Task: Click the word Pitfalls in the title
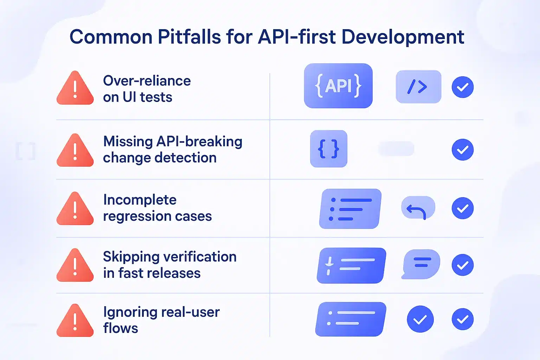click(189, 37)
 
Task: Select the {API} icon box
click(338, 86)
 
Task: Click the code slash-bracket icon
click(418, 87)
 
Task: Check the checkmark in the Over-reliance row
click(462, 87)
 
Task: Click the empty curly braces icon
click(328, 149)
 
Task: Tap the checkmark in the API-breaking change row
click(462, 150)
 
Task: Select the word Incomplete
click(140, 200)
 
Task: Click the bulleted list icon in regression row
click(350, 209)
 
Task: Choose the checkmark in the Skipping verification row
click(462, 265)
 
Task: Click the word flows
click(120, 328)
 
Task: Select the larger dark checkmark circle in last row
click(420, 319)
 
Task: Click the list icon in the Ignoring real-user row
click(351, 319)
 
